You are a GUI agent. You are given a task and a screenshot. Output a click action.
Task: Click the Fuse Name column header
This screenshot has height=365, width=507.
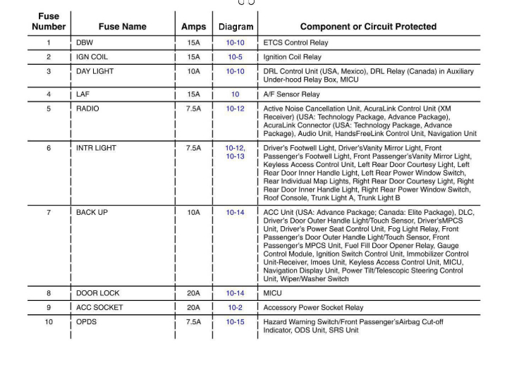[x=122, y=27]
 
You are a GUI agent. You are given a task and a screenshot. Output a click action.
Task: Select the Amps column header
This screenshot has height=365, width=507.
[x=193, y=27]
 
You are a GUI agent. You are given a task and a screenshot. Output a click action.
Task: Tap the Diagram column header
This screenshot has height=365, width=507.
[x=236, y=27]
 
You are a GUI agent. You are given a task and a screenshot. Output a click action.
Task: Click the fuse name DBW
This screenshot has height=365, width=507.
[x=84, y=43]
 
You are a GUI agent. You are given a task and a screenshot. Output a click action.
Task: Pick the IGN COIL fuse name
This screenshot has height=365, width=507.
[x=92, y=57]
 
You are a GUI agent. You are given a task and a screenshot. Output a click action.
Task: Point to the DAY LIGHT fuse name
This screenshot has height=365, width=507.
[x=94, y=72]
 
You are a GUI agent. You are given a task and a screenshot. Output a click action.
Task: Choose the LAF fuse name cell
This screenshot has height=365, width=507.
[x=83, y=94]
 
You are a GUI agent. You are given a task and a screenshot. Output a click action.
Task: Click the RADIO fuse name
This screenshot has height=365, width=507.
[x=87, y=109]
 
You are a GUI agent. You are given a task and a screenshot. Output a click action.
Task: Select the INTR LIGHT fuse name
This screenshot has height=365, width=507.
[x=96, y=149]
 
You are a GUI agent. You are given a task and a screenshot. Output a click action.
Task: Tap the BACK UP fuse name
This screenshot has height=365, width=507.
[x=92, y=213]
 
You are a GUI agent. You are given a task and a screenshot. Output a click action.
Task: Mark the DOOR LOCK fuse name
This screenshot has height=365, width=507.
[x=97, y=293]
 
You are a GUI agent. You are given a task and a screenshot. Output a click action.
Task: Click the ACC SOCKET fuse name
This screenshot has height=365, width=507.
[x=99, y=308]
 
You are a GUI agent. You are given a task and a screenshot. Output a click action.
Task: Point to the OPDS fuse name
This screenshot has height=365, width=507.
[x=87, y=322]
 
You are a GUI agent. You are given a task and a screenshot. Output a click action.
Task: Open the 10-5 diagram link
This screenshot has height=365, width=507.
[x=235, y=57]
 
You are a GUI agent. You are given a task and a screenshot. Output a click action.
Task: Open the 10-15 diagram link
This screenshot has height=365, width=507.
[x=235, y=322]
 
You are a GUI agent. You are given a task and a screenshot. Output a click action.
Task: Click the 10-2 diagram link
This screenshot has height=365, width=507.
[x=235, y=308]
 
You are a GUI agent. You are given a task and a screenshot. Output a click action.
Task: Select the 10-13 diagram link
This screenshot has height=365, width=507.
[x=235, y=156]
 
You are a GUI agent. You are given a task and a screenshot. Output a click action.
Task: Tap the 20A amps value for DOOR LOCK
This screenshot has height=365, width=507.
[x=193, y=293]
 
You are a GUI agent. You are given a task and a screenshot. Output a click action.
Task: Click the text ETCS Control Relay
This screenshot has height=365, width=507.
[x=295, y=43]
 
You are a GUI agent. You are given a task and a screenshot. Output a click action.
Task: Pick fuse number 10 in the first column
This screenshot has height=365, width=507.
[x=49, y=322]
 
